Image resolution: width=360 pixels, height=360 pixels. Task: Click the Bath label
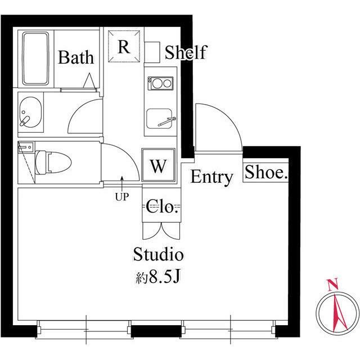pos(76,57)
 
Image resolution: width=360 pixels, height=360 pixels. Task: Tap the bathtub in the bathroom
pos(36,58)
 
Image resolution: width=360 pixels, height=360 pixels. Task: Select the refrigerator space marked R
pos(124,46)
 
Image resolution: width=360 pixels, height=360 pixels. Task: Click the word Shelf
pos(186,52)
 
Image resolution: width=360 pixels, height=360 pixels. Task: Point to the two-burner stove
pos(160,83)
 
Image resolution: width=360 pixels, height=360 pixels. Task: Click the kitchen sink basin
pos(159,119)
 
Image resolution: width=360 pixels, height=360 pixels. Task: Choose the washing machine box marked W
pos(159,165)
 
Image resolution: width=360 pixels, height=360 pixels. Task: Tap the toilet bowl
pos(53,163)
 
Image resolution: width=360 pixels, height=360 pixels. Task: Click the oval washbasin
pos(30,112)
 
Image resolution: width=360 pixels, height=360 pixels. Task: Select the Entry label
pos(211,177)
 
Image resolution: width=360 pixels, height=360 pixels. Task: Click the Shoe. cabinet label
pos(266,173)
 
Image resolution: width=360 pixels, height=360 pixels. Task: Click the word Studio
pos(159,254)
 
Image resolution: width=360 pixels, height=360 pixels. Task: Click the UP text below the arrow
pos(122,197)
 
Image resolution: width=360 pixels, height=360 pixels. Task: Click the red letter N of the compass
pos(332,285)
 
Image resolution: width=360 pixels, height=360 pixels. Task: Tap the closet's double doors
pos(161,231)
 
